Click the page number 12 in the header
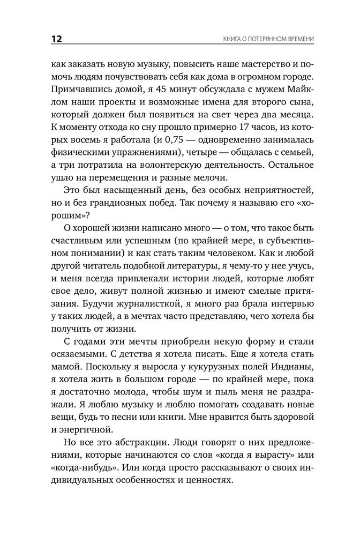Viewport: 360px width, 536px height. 56,39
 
